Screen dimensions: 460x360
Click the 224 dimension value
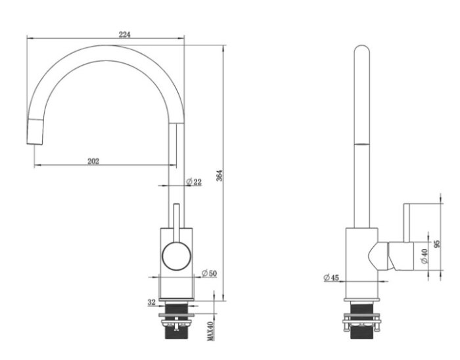(125, 34)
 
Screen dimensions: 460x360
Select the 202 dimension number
(93, 161)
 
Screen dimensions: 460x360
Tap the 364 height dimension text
(219, 175)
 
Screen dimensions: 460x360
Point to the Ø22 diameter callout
(195, 182)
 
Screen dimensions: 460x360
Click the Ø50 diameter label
(209, 273)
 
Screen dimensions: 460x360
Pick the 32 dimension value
(151, 302)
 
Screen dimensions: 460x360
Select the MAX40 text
(210, 331)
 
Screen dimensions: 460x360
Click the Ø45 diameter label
(331, 277)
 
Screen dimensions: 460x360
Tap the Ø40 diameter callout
(425, 256)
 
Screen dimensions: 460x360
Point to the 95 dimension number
(437, 244)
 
